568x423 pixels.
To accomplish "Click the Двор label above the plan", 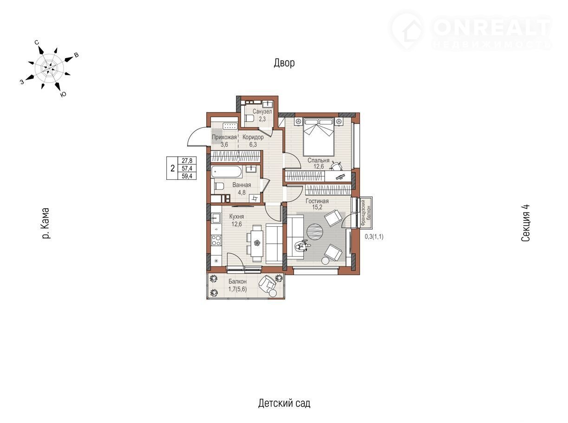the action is pyautogui.click(x=284, y=63).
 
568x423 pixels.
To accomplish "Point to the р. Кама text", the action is pyautogui.click(x=45, y=223).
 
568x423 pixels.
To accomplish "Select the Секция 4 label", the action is pyautogui.click(x=525, y=223).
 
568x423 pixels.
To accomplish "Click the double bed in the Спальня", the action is pyautogui.click(x=318, y=137).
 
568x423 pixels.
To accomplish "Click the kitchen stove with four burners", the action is pyautogui.click(x=216, y=240).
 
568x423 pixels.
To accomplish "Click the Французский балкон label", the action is pyautogui.click(x=366, y=212).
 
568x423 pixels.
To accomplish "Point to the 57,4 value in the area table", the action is pyautogui.click(x=187, y=168).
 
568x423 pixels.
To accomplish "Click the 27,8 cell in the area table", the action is pyautogui.click(x=187, y=161).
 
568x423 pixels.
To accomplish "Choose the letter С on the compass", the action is pyautogui.click(x=37, y=42).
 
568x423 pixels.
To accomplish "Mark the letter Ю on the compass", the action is pyautogui.click(x=63, y=94).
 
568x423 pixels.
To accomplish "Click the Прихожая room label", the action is pyautogui.click(x=224, y=137).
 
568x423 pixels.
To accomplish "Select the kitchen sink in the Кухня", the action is pyautogui.click(x=216, y=218).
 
